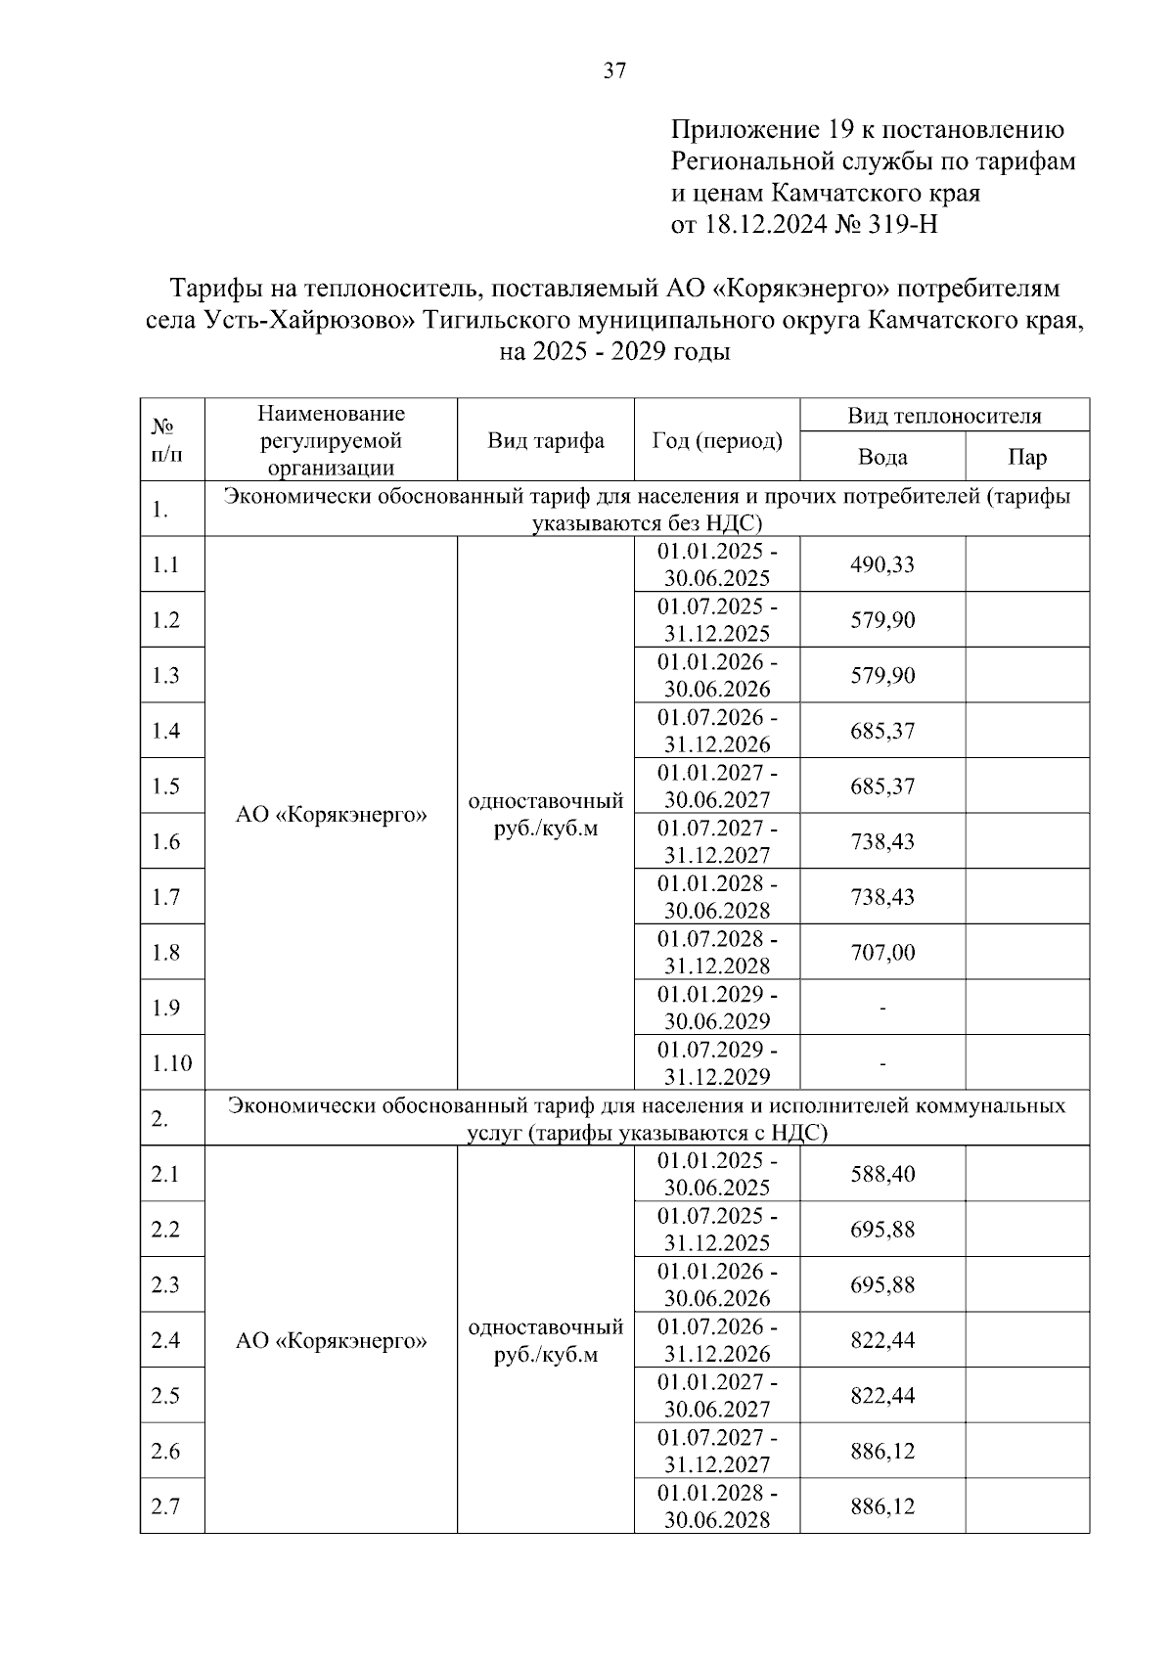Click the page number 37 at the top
(614, 70)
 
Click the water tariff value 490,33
(881, 564)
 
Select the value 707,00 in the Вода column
(881, 952)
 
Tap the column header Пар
(1026, 457)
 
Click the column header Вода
(881, 457)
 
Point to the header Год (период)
(716, 440)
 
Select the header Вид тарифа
(545, 440)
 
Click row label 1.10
(171, 1062)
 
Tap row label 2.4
(165, 1339)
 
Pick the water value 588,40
(881, 1174)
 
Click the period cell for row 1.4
(716, 731)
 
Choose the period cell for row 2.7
(716, 1506)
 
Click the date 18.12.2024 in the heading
(764, 225)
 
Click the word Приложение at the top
(744, 129)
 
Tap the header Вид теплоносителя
(944, 416)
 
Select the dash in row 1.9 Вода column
(881, 1008)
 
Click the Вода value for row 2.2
(881, 1229)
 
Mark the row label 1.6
(165, 841)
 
